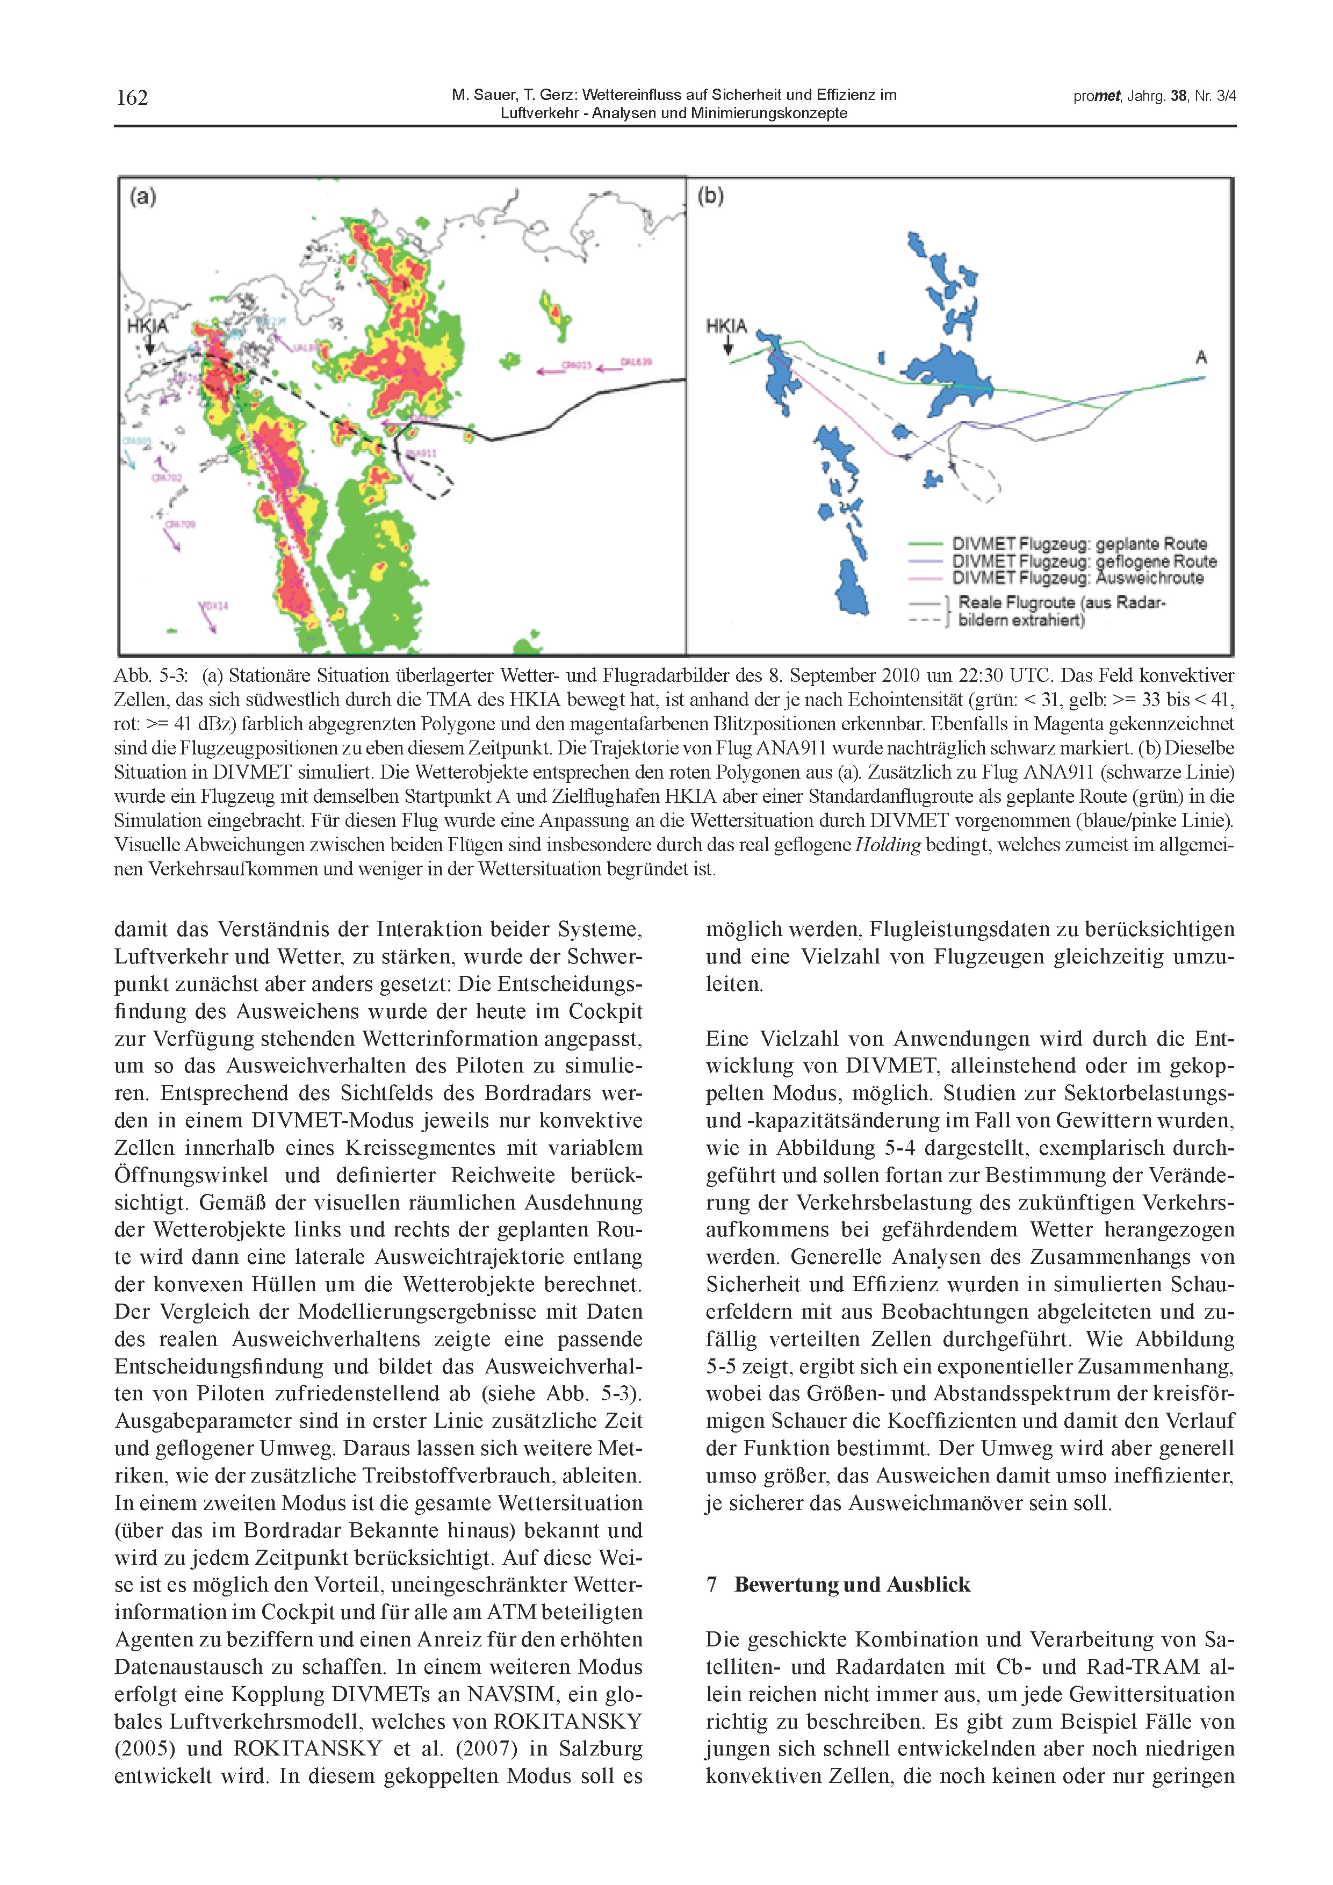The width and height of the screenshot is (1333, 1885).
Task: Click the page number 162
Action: pos(132,98)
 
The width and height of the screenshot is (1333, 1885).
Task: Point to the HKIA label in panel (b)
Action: pos(726,326)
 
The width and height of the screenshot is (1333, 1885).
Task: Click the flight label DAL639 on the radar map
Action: pos(636,361)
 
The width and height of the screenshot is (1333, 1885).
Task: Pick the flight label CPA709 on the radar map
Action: pos(181,524)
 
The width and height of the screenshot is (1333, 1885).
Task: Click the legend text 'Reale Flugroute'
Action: pos(1016,602)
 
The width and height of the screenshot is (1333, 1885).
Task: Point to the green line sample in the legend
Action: pos(925,543)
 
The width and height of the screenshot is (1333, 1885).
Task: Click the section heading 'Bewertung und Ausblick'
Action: pos(852,1585)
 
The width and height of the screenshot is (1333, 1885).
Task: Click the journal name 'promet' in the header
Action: pos(1097,96)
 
